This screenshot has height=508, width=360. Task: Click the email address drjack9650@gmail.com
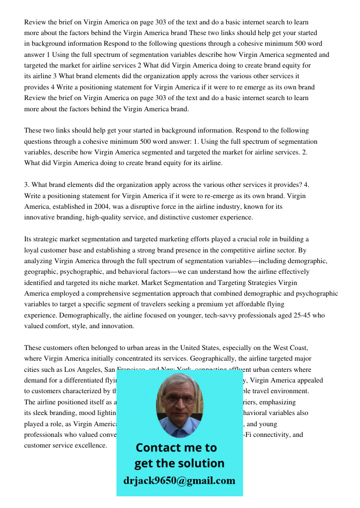(x=179, y=481)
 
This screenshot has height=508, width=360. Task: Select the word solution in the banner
(x=200, y=463)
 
